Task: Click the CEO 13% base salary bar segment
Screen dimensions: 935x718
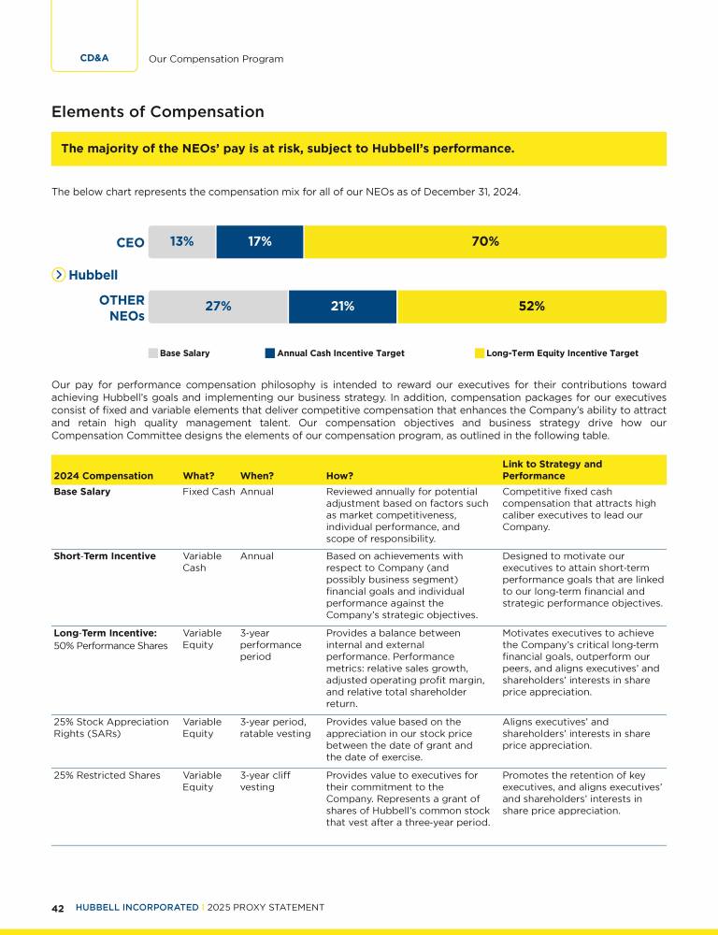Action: [181, 242]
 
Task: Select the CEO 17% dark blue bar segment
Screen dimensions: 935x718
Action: [259, 242]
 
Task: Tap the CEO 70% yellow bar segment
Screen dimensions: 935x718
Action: [484, 242]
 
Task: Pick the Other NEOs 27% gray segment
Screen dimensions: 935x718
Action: [218, 307]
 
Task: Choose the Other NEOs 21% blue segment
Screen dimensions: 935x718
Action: [342, 307]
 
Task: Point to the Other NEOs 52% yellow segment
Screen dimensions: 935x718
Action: [531, 307]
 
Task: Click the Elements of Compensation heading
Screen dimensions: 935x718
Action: [158, 112]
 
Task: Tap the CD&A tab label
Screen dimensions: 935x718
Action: [93, 58]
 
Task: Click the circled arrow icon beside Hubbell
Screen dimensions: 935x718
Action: [59, 275]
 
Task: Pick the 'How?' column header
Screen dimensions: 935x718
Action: [339, 476]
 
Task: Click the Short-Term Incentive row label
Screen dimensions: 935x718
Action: [105, 556]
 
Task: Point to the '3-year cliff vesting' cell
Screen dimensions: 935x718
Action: [264, 782]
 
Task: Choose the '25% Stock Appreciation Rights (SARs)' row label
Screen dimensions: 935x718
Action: [111, 727]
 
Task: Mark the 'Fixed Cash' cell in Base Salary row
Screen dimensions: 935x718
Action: [208, 492]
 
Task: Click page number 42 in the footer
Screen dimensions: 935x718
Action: [58, 907]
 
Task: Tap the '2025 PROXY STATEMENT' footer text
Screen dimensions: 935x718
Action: [265, 907]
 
